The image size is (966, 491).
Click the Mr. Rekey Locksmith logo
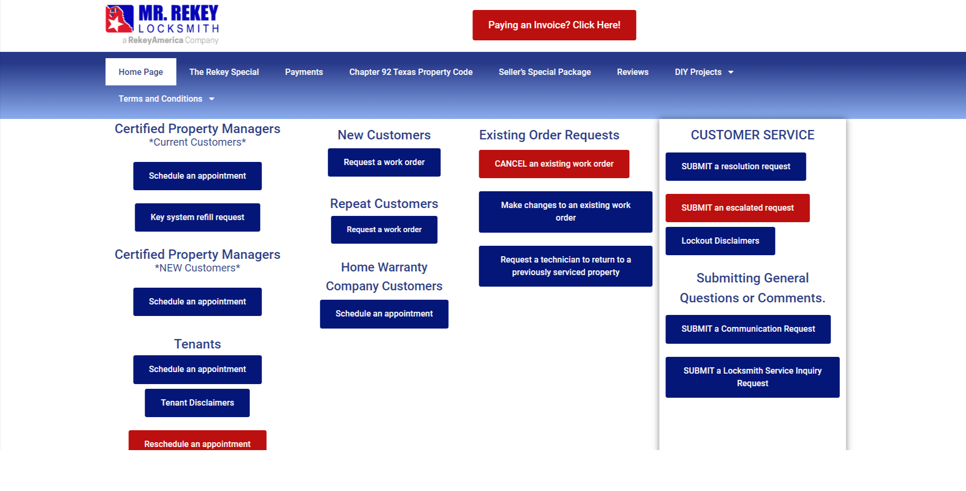162,25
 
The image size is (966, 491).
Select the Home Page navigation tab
141,72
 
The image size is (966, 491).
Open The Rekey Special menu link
224,72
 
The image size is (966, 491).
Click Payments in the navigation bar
304,72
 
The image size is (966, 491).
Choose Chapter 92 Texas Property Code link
411,72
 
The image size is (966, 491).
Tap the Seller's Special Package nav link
544,72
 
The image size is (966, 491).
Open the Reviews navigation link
632,72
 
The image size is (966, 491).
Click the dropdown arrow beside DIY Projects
731,72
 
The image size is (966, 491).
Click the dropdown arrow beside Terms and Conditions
212,99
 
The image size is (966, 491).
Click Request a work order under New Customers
384,162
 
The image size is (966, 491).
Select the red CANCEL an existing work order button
554,164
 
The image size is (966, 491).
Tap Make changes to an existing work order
565,212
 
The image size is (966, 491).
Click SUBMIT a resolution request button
736,167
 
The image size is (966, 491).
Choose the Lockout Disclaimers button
720,241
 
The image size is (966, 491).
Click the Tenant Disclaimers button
197,403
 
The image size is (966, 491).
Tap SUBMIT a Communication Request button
748,329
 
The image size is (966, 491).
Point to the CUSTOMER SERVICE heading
753,135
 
